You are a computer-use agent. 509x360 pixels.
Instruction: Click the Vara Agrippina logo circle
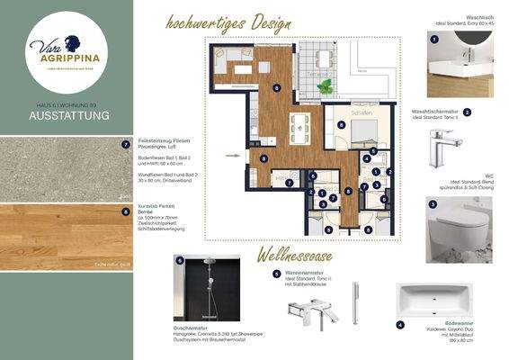tap(67, 50)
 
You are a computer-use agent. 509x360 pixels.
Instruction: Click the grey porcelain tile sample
tap(67, 169)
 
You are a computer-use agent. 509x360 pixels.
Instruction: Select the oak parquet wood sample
tap(67, 237)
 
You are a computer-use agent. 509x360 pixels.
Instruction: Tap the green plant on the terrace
tap(325, 87)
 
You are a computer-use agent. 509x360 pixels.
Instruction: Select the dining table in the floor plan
tap(299, 128)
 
